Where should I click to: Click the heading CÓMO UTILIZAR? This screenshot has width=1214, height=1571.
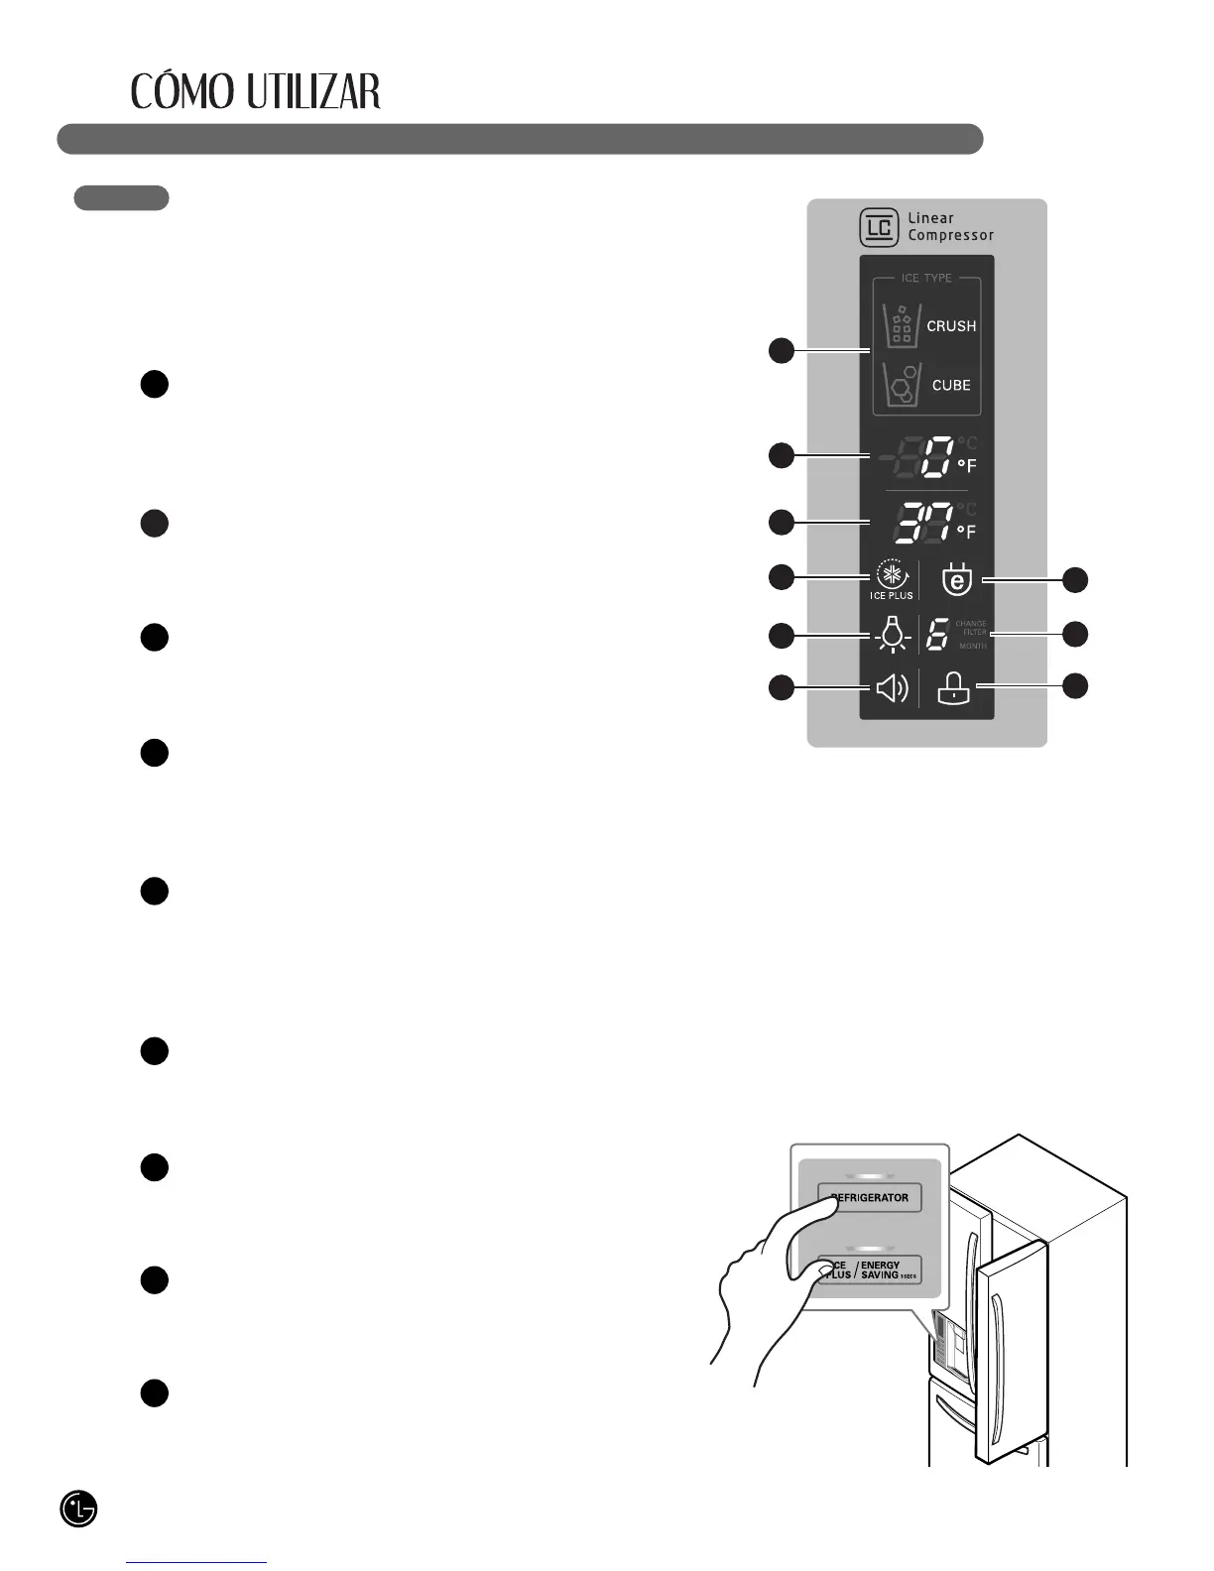[256, 92]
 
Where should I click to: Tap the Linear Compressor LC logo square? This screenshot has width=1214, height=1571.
[879, 228]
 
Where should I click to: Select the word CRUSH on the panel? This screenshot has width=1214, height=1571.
[951, 326]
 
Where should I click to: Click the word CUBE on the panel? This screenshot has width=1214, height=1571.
[951, 385]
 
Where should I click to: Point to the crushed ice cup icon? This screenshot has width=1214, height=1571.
[901, 324]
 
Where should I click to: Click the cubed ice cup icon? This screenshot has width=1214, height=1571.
[902, 386]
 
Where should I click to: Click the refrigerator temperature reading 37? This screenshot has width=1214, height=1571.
[923, 523]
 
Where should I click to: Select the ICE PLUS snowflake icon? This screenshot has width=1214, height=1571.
[893, 576]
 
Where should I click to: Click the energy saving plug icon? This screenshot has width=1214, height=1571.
[956, 579]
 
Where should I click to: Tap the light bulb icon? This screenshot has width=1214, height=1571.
[894, 634]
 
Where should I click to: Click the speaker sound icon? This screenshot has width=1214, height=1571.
[893, 687]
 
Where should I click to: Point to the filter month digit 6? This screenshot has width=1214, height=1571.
[936, 635]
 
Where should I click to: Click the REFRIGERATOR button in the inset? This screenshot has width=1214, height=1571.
[870, 1197]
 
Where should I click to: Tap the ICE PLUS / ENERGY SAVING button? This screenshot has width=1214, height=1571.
[870, 1269]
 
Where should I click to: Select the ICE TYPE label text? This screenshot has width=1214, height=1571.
[926, 279]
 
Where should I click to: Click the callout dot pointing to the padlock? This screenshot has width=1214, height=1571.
[1076, 685]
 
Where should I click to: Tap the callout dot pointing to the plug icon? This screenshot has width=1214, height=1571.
[1076, 580]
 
